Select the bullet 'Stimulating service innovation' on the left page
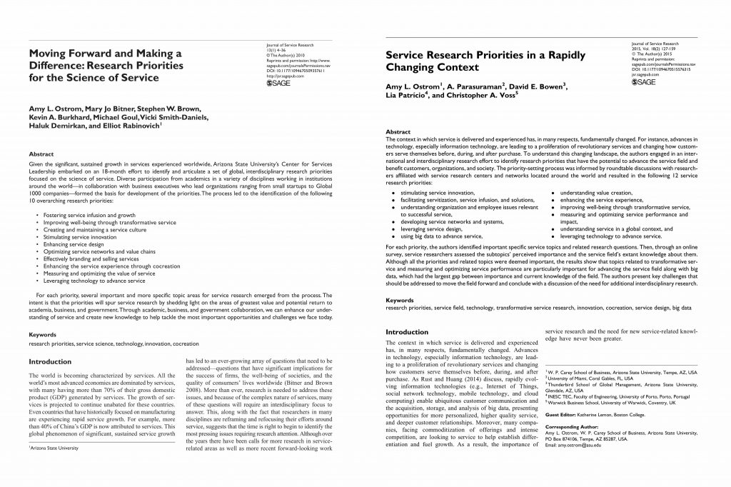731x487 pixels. (71, 236)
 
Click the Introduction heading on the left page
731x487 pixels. (50, 362)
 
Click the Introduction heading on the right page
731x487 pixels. (407, 332)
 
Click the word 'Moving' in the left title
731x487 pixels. (49, 53)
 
